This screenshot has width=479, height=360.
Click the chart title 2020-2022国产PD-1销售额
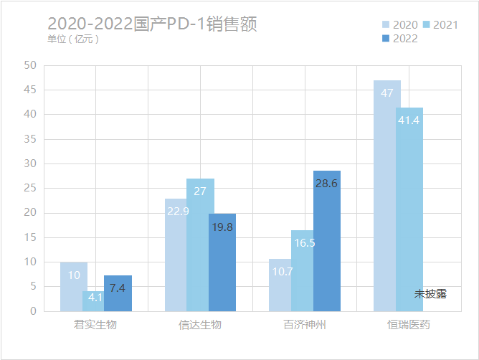coord(152,24)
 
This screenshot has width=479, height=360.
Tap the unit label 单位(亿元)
coord(73,39)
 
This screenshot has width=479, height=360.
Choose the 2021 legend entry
coord(439,25)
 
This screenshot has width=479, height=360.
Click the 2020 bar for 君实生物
coord(73,287)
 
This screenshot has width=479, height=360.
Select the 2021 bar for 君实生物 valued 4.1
coord(96,301)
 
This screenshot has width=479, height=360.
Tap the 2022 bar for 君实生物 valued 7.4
coord(118,293)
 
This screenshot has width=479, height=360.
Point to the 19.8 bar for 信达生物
coord(222,262)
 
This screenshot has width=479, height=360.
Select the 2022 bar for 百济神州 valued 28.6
coord(326,241)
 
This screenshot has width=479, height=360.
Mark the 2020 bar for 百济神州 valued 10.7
coord(280,285)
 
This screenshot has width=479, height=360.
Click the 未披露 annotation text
coord(430,294)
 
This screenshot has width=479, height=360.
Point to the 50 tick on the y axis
coord(30,65)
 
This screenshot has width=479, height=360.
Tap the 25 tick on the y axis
coord(30,189)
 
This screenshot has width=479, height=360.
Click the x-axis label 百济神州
coord(305,325)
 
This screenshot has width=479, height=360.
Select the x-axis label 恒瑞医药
coord(409,325)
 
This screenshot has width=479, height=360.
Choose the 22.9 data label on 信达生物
coord(178,212)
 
